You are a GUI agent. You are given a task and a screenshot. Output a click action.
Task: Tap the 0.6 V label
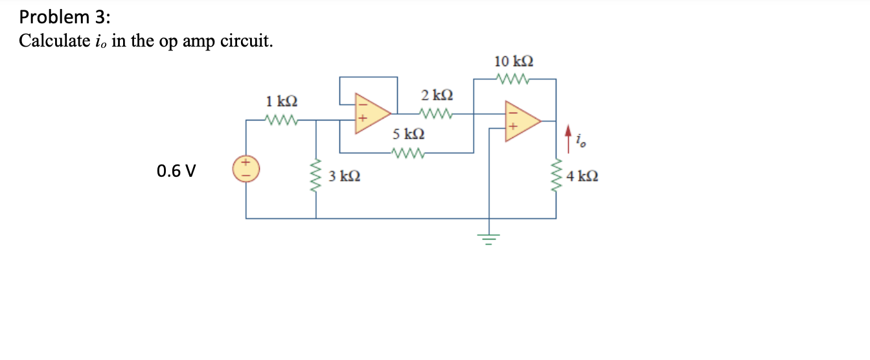click(x=176, y=172)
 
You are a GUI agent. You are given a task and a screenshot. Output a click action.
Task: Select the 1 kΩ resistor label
click(x=282, y=102)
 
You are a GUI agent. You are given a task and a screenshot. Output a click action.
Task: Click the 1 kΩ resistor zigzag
click(x=280, y=120)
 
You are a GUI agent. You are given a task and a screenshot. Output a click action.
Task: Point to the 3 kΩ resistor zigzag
click(x=317, y=175)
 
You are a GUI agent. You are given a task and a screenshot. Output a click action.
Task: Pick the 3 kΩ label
click(x=345, y=176)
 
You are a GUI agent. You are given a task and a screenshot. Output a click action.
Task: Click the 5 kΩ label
click(x=409, y=135)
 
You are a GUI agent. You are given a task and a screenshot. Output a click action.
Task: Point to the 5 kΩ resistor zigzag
click(x=409, y=153)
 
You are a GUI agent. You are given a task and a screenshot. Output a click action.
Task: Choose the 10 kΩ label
click(x=514, y=62)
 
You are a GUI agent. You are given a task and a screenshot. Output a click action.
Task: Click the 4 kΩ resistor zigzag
click(x=556, y=175)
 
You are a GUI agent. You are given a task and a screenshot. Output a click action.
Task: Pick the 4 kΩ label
click(x=582, y=175)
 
